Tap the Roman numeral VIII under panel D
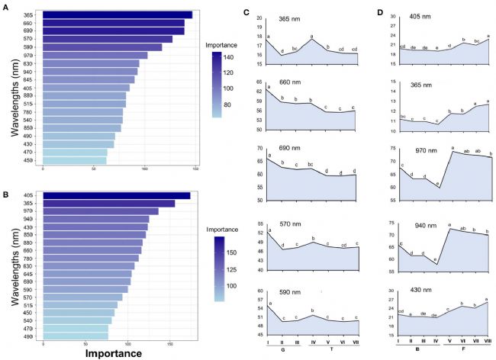488,343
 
